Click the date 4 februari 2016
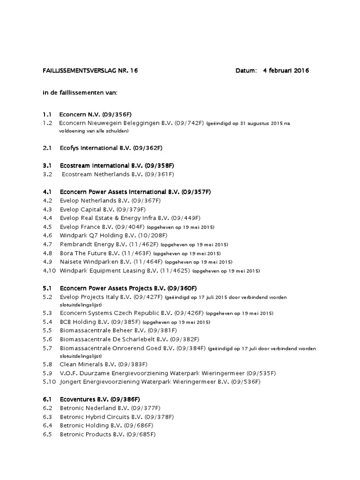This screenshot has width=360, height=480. (286, 71)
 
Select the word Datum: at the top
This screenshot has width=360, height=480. (246, 71)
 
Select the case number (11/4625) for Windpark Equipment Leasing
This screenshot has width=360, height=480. (175, 270)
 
